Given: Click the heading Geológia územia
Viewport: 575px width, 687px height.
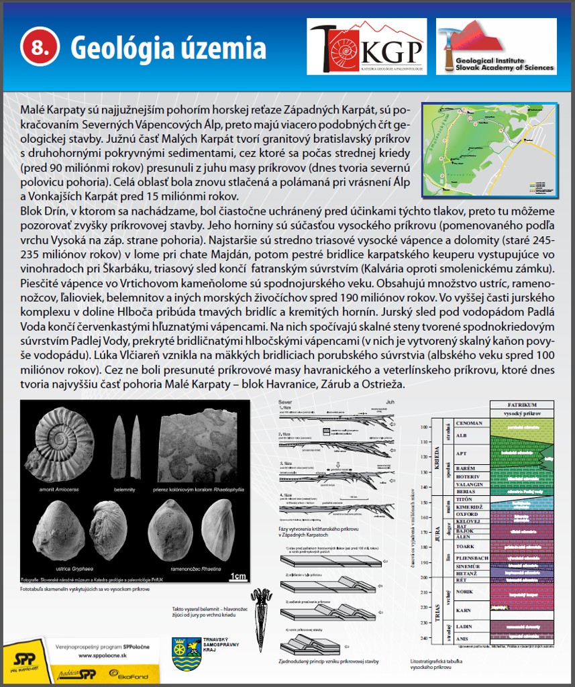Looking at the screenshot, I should pos(168,48).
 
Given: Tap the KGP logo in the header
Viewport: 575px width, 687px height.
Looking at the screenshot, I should pos(366,47).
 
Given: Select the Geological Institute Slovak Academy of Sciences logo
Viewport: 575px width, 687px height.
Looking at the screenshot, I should pos(496,46).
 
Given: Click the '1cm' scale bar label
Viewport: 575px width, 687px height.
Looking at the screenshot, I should pos(237,576).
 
